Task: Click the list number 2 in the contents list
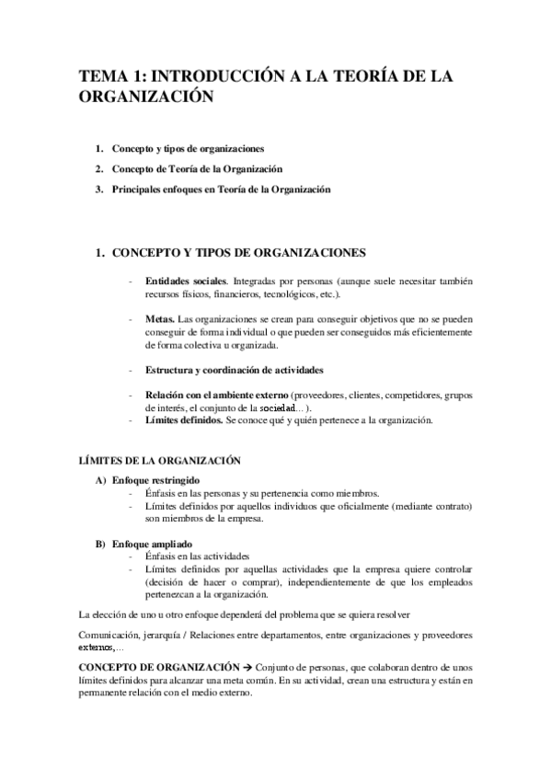pos(98,169)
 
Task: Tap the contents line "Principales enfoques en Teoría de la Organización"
pos(221,190)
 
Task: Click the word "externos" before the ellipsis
pos(97,648)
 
